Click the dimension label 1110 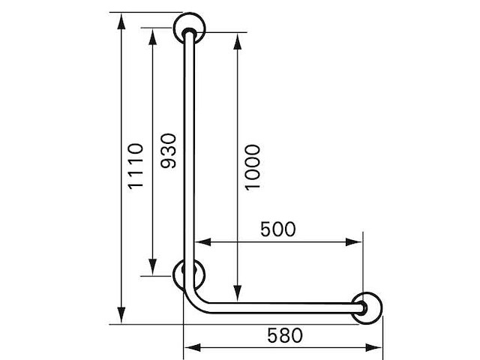(135, 166)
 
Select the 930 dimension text (169, 151)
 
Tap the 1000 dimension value (253, 167)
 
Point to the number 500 (278, 229)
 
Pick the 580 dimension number (285, 335)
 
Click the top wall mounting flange (189, 28)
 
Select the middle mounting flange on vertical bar (188, 274)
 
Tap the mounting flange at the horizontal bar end (367, 308)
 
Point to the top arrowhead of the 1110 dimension (121, 22)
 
